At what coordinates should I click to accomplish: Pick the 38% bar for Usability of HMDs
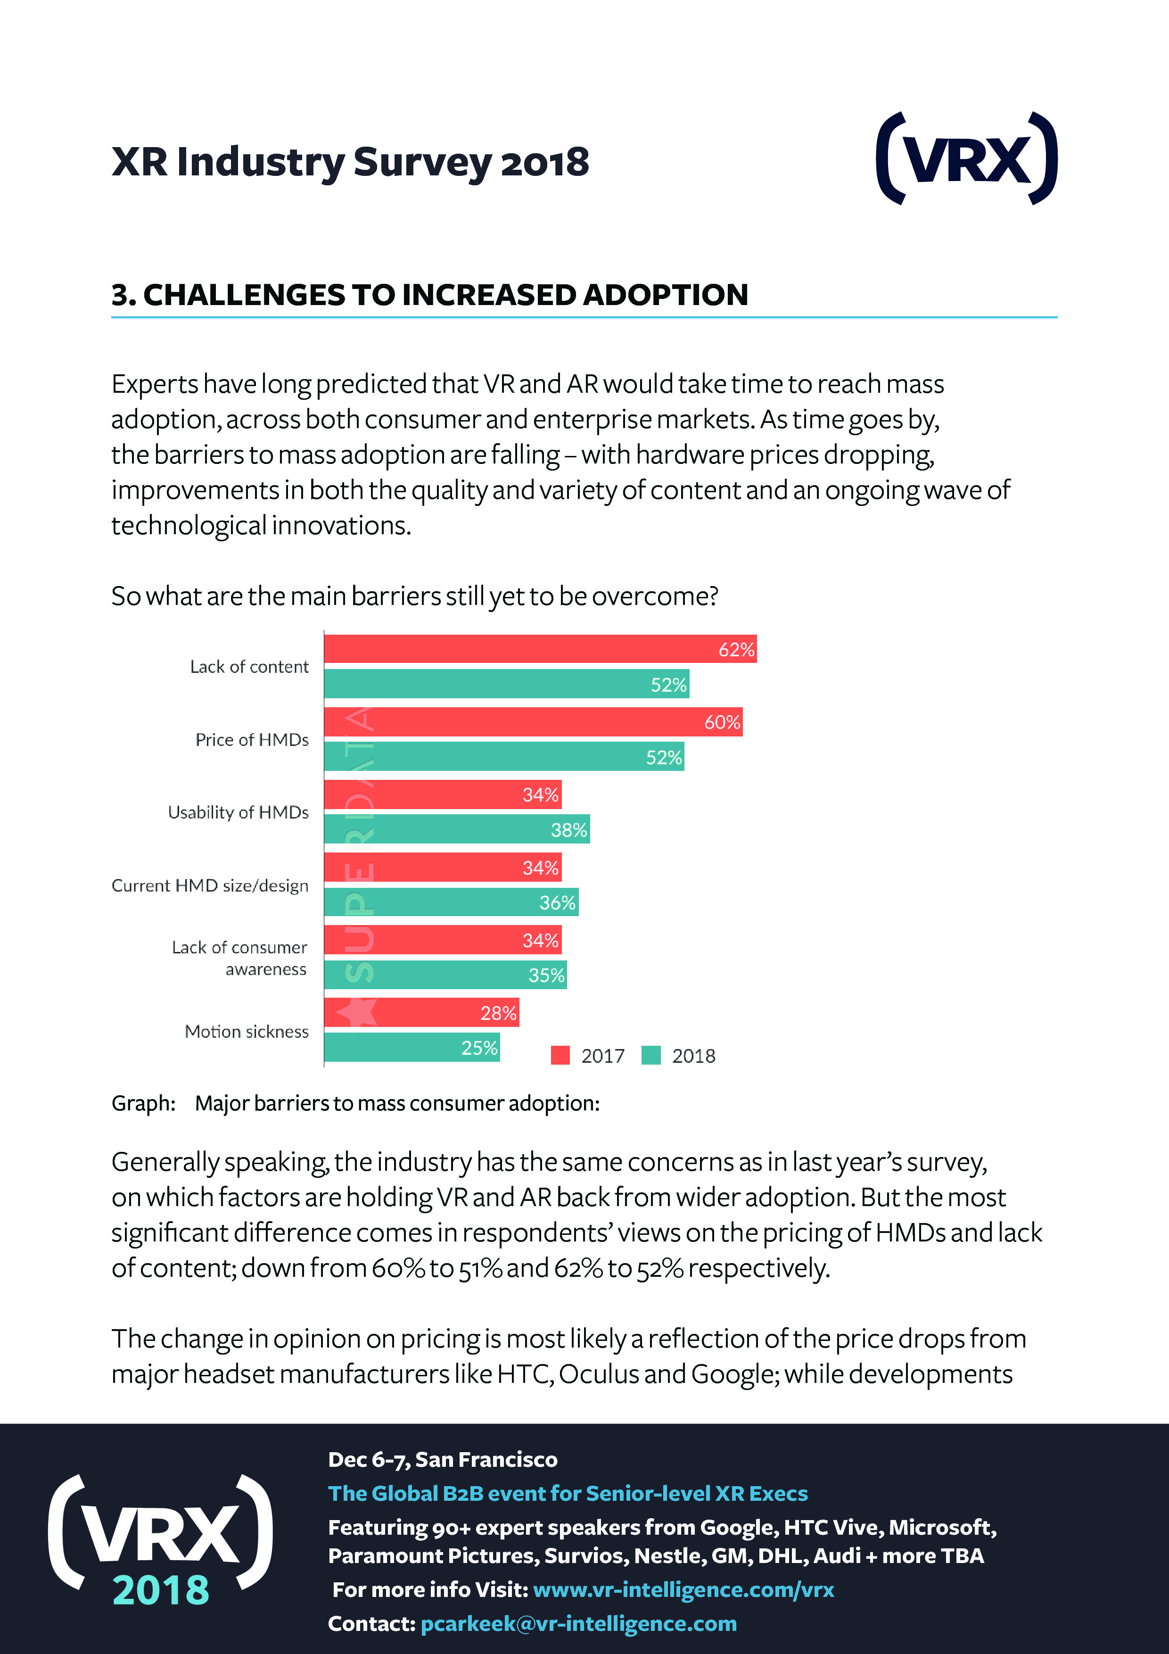[457, 829]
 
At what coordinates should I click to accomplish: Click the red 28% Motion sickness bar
[421, 1012]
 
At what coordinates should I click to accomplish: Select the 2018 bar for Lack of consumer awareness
[445, 975]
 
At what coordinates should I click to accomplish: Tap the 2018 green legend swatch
[651, 1055]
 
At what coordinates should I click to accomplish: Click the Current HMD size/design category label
[210, 885]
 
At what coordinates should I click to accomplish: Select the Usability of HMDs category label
[239, 812]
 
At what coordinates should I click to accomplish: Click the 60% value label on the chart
[722, 722]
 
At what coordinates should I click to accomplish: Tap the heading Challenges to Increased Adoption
[430, 295]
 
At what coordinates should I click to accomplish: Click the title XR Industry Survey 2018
[350, 161]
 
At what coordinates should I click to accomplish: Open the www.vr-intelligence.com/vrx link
[683, 1589]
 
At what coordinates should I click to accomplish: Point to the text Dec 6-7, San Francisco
[442, 1459]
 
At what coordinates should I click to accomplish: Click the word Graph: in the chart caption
[143, 1103]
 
